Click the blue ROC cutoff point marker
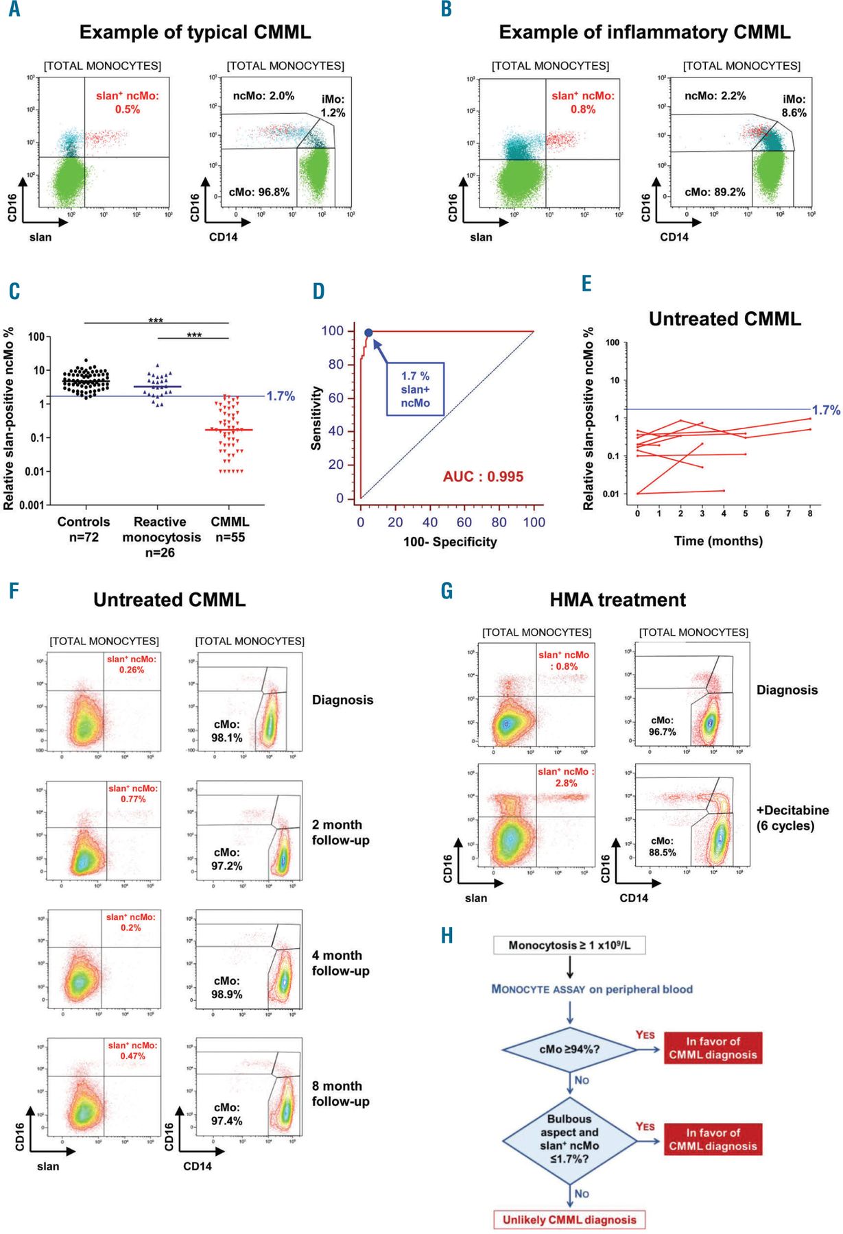click(368, 333)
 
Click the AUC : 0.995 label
click(483, 476)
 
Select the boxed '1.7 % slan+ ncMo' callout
click(415, 389)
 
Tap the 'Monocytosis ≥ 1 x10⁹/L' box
click(569, 945)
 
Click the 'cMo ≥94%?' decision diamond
click(569, 1049)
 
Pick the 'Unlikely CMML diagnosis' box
click(569, 1220)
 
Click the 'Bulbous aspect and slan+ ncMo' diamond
click(569, 1139)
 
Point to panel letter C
click(14, 292)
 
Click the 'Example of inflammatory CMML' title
click(644, 32)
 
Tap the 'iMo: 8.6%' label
click(794, 106)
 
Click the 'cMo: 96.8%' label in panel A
click(259, 193)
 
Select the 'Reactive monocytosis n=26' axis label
click(161, 537)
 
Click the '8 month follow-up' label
click(340, 1093)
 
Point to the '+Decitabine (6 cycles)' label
click(792, 818)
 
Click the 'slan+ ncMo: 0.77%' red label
click(133, 794)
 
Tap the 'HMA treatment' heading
click(617, 600)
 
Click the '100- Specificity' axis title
click(450, 542)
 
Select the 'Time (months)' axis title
click(718, 541)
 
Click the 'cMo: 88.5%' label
click(663, 847)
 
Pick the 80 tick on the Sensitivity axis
click(335, 364)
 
